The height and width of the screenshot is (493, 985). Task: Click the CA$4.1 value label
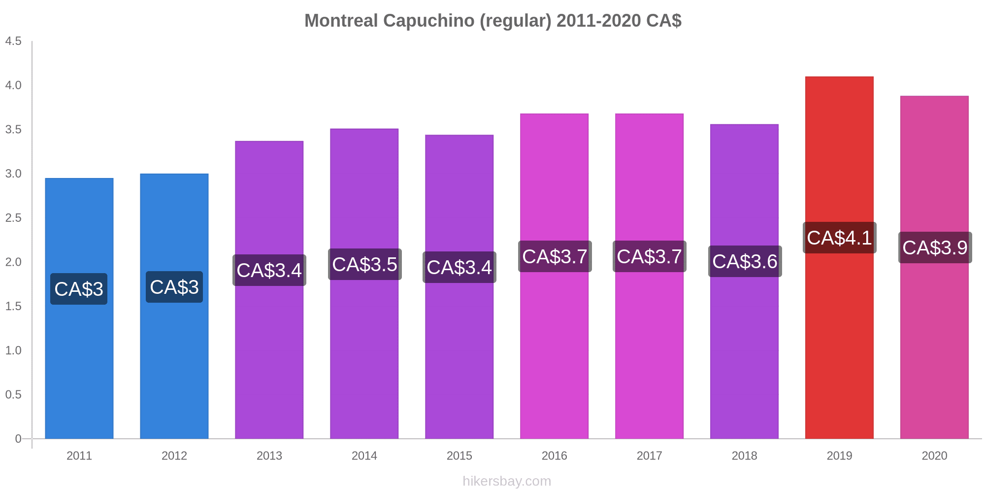tap(839, 238)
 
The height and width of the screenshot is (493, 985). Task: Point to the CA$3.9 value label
tap(935, 247)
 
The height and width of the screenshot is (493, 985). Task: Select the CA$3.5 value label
tap(364, 264)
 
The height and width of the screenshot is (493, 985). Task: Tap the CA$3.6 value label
tap(745, 261)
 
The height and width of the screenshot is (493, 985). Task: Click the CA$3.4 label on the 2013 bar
tap(269, 270)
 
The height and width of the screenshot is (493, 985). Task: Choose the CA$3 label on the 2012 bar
tap(174, 287)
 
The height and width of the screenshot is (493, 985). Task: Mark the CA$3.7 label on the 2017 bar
tap(649, 256)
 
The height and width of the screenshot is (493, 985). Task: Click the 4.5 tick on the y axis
tap(13, 41)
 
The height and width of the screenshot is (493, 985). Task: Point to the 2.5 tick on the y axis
tap(13, 218)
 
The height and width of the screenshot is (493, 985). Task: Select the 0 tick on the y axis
tap(18, 439)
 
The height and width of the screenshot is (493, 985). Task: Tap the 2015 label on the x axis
tap(459, 456)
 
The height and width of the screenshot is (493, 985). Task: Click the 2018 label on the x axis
tap(744, 456)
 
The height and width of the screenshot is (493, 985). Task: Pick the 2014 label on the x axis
tap(364, 456)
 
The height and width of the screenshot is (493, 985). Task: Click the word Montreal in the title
tap(341, 21)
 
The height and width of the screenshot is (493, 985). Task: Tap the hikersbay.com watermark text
tap(507, 481)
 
